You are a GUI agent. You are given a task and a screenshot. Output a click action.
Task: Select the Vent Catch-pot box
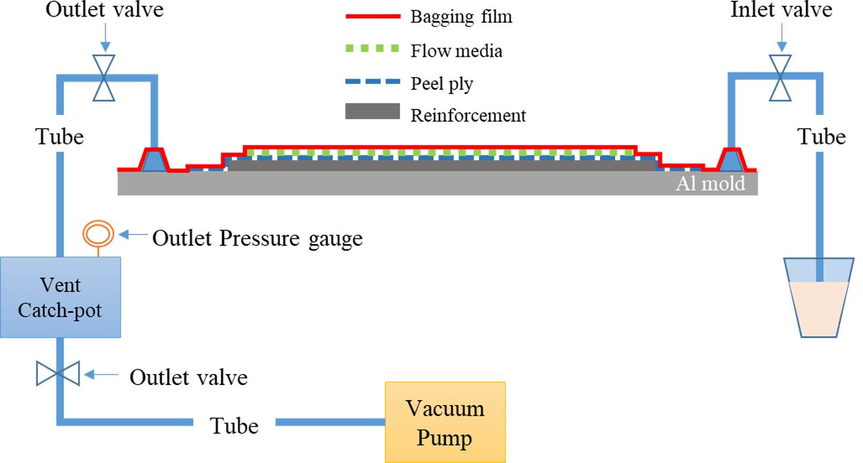point(60,297)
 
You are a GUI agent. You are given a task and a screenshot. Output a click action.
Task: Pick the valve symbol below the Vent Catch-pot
point(59,374)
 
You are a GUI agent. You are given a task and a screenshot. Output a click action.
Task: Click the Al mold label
point(710,183)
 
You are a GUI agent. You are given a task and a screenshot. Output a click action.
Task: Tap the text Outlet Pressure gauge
point(257,238)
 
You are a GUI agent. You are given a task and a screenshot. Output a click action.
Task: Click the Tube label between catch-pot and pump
point(234,426)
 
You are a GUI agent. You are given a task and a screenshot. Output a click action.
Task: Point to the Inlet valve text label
point(781,11)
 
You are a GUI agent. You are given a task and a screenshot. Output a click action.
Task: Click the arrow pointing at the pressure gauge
point(134,235)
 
